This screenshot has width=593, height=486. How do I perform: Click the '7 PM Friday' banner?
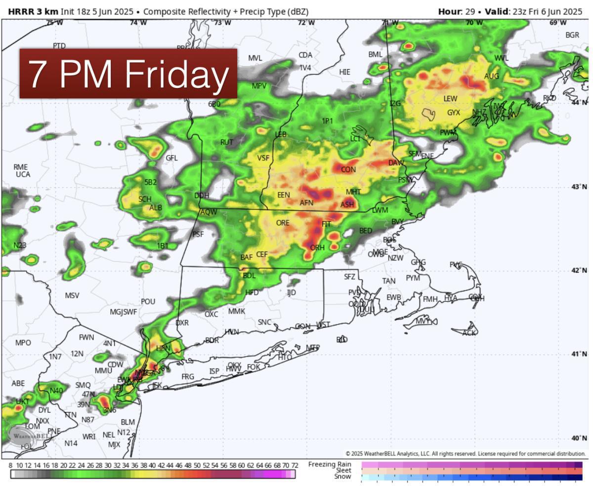(128, 73)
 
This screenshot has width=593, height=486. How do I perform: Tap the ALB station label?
(156, 208)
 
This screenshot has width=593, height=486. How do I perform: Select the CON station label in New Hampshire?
(348, 169)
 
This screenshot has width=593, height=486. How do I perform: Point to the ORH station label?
(317, 247)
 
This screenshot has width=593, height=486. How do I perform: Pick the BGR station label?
(572, 35)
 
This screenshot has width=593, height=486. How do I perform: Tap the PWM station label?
(448, 132)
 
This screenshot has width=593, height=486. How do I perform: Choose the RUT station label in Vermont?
(227, 142)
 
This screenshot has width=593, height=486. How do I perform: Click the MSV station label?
(72, 295)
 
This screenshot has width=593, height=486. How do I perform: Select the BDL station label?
(249, 276)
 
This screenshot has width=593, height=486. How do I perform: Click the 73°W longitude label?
(222, 23)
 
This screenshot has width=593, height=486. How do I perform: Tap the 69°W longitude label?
(558, 23)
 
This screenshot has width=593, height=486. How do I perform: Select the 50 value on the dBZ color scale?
(197, 465)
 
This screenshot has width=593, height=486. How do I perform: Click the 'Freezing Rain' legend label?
(330, 464)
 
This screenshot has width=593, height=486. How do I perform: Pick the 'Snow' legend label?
(342, 477)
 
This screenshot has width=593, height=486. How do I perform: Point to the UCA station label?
(23, 174)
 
